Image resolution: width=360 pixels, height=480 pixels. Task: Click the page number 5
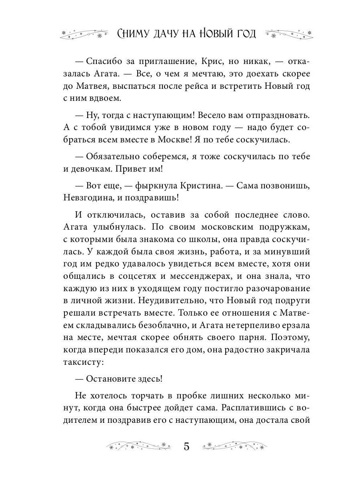(186, 446)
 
